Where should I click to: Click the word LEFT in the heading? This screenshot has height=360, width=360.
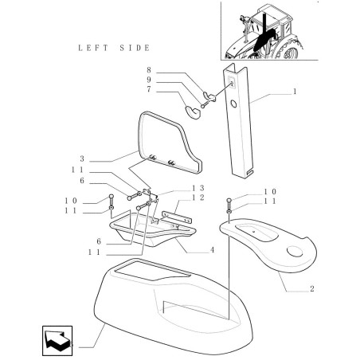(x=93, y=48)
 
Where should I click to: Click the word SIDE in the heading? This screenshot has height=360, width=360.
(x=135, y=48)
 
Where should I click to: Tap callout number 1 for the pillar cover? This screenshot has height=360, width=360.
(x=295, y=92)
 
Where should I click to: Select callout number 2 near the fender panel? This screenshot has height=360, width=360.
(x=312, y=288)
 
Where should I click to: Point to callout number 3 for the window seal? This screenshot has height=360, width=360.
(x=82, y=158)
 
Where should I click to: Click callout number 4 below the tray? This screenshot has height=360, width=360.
(x=212, y=250)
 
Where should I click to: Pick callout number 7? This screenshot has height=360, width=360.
(x=149, y=89)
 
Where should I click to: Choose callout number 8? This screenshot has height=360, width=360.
(x=149, y=70)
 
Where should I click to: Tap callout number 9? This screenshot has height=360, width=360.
(x=149, y=80)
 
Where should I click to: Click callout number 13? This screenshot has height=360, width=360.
(x=198, y=188)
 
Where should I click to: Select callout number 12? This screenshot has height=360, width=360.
(x=198, y=198)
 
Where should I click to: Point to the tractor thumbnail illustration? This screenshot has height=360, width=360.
(x=269, y=30)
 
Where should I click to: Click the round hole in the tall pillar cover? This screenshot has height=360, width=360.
(x=233, y=104)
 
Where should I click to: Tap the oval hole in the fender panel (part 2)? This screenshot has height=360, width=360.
(x=295, y=252)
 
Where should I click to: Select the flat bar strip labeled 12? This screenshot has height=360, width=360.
(x=177, y=217)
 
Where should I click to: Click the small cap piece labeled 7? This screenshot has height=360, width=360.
(x=193, y=112)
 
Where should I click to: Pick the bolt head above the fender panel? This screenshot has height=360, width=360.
(x=229, y=200)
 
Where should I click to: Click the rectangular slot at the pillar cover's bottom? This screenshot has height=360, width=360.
(x=248, y=173)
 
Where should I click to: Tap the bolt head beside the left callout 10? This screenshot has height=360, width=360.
(x=112, y=197)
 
